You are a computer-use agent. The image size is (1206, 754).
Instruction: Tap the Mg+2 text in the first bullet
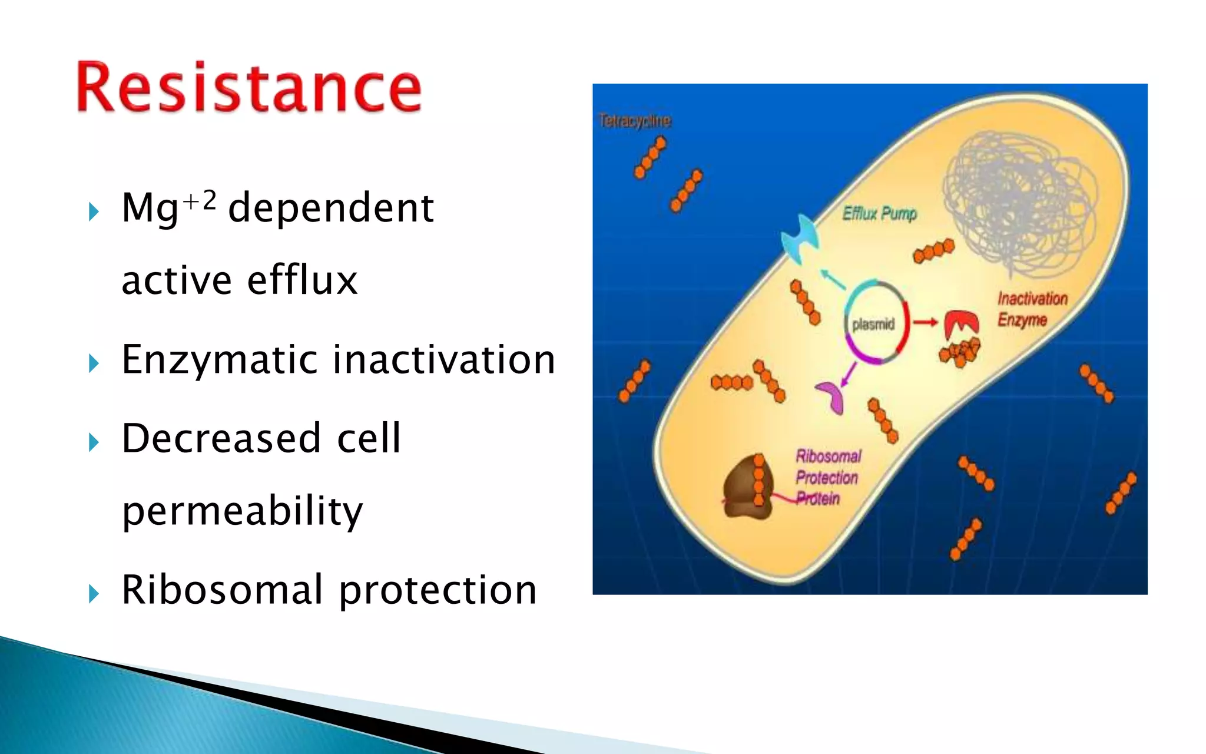pos(168,207)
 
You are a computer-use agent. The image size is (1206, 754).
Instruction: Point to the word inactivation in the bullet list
pos(444,359)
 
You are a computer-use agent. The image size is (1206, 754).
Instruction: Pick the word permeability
pos(242,511)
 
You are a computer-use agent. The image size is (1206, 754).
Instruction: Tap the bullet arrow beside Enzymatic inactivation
pos(94,363)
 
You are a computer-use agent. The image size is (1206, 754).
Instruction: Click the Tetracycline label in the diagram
pos(634,121)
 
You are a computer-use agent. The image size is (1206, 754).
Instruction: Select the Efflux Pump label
pos(879,213)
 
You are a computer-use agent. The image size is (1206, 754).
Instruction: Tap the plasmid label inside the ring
pos(873,324)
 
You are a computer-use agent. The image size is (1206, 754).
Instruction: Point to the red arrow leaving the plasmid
pos(925,322)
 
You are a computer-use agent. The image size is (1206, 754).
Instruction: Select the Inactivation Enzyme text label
pos(1032,309)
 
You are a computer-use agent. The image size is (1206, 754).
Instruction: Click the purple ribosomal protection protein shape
pos(831,396)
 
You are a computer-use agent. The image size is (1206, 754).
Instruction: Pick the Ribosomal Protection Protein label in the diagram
pos(827,477)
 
